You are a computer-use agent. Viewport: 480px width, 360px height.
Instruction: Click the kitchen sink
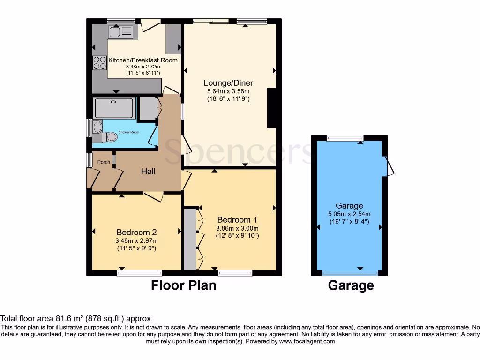pyautogui.click(x=121, y=32)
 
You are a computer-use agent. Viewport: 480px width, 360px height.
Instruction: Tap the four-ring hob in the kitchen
pyautogui.click(x=99, y=63)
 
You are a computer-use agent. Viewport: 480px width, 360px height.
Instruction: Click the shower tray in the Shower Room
pyautogui.click(x=114, y=107)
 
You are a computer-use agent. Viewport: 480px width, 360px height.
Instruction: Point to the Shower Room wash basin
pyautogui.click(x=97, y=127)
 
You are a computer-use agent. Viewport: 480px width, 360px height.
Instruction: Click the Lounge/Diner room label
pyautogui.click(x=228, y=83)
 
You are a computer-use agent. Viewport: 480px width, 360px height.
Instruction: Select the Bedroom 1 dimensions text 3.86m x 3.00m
pyautogui.click(x=237, y=228)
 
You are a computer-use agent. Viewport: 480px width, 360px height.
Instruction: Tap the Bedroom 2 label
pyautogui.click(x=136, y=232)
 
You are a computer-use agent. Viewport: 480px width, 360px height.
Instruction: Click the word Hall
pyautogui.click(x=149, y=172)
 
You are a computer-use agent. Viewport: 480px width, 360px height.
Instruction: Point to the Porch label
pyautogui.click(x=104, y=162)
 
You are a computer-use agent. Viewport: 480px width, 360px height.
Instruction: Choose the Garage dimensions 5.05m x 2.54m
pyautogui.click(x=349, y=214)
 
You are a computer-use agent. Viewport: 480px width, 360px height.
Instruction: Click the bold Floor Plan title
pyautogui.click(x=183, y=285)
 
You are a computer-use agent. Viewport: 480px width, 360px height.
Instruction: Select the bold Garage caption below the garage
pyautogui.click(x=351, y=285)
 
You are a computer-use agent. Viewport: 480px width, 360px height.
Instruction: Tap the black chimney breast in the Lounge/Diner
pyautogui.click(x=271, y=108)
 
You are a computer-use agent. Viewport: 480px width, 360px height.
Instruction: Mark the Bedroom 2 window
pyautogui.click(x=139, y=272)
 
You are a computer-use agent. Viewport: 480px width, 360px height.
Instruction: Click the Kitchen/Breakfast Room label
pyautogui.click(x=143, y=60)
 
